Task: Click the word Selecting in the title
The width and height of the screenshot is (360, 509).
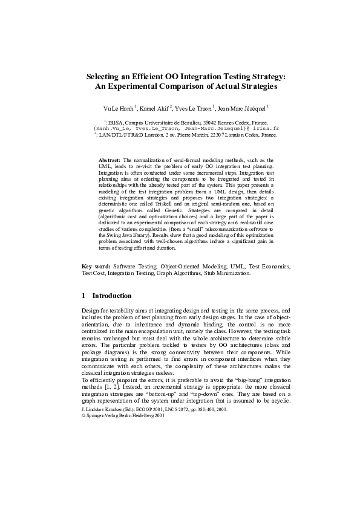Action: coord(105,77)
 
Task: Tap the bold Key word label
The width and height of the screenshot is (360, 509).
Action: coord(96,266)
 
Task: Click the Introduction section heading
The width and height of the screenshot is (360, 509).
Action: coord(111,296)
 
